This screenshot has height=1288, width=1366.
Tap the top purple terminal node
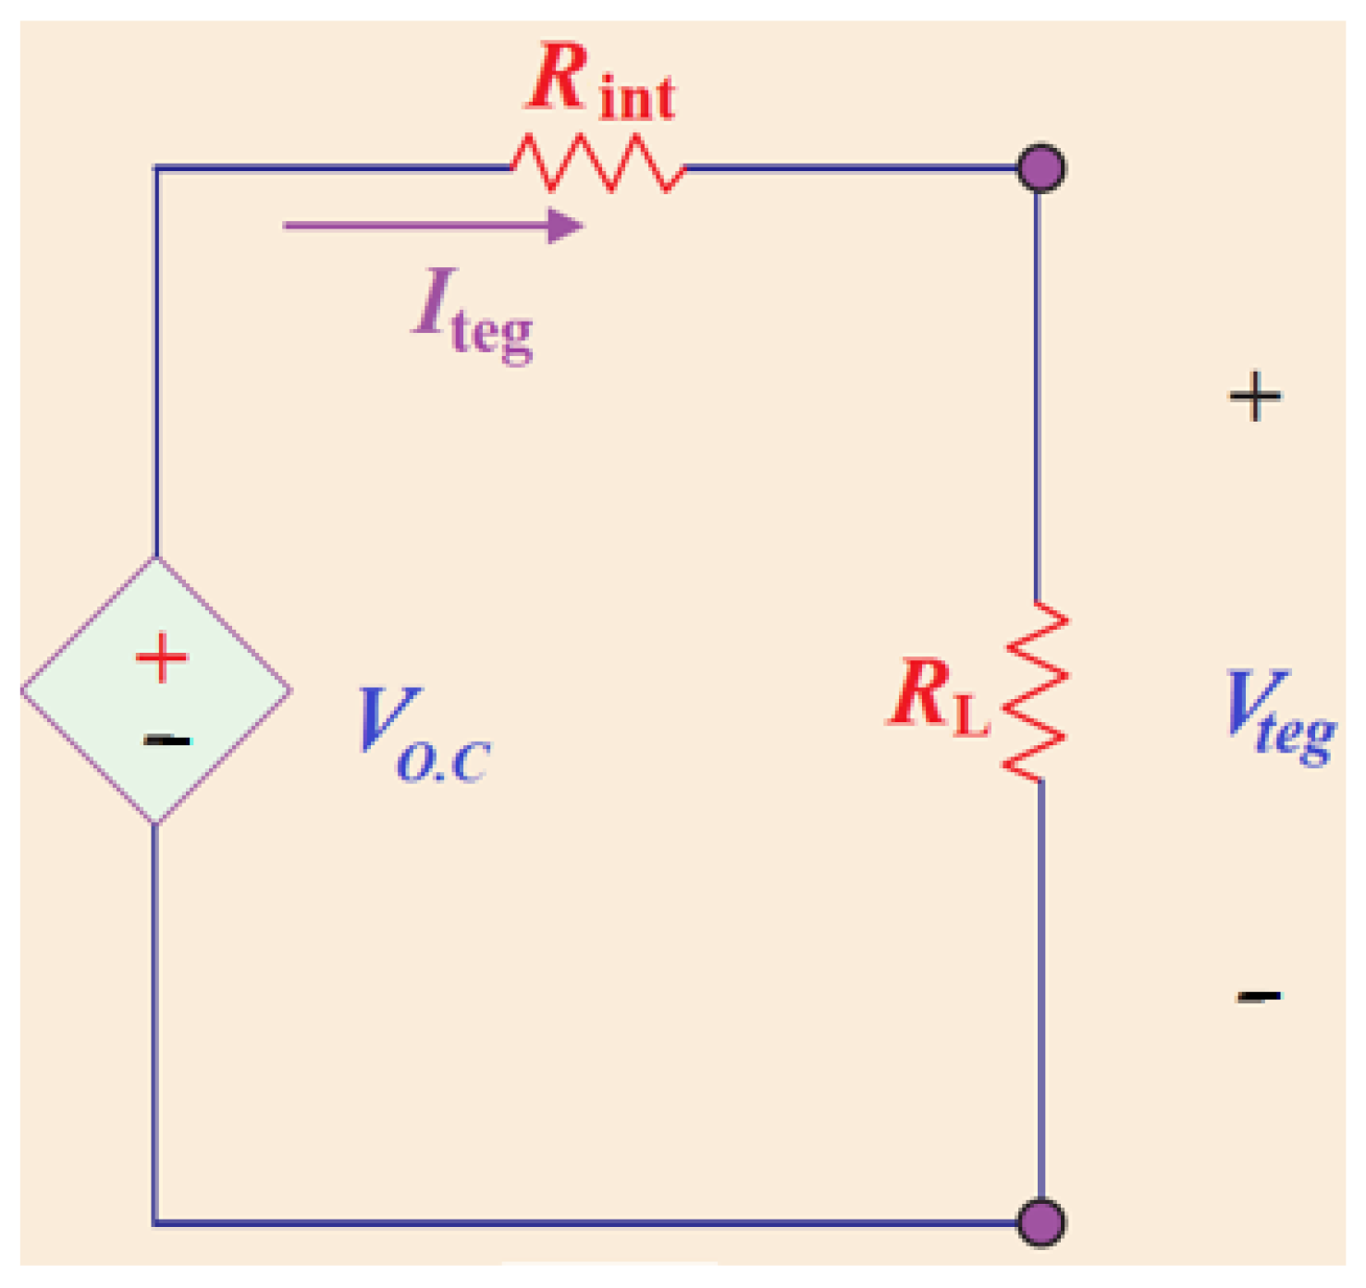point(1041,168)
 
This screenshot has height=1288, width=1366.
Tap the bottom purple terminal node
point(1041,1222)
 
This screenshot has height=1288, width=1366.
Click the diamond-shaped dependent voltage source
point(156,690)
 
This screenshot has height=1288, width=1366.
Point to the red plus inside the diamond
point(162,657)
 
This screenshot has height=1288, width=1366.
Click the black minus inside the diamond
point(166,740)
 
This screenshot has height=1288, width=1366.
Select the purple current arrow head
point(564,226)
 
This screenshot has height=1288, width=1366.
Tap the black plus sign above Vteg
point(1255,397)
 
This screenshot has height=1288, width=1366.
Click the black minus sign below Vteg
point(1259,996)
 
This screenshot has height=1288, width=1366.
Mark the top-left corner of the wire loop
point(155,168)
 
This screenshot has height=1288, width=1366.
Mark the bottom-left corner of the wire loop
point(154,1222)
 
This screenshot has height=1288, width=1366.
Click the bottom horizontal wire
point(592,1222)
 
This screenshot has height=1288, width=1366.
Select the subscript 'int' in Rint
point(637,98)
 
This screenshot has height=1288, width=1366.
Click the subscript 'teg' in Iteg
point(492,333)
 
